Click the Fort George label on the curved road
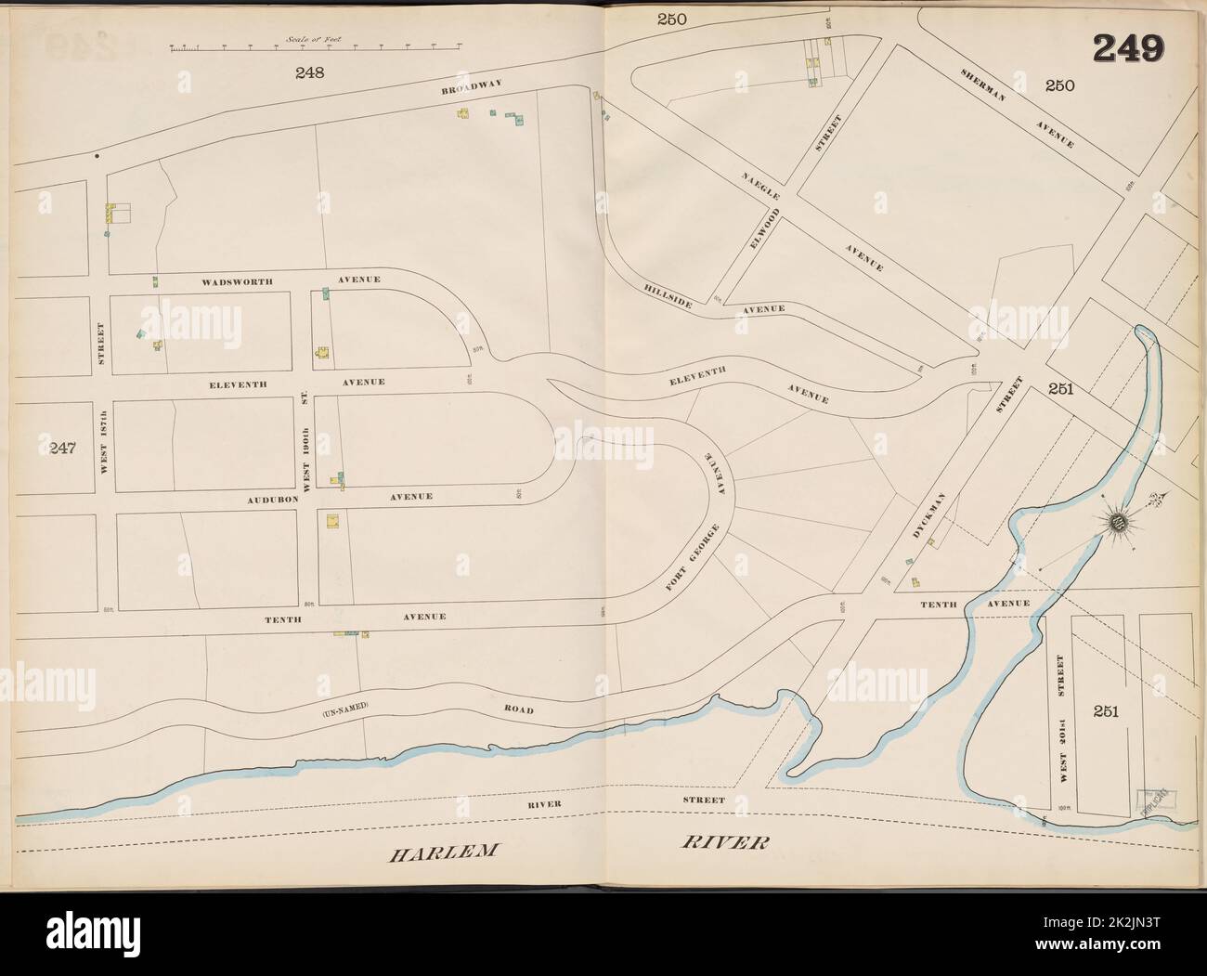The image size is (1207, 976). [x=681, y=559]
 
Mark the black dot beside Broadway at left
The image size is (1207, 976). [x=97, y=157]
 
